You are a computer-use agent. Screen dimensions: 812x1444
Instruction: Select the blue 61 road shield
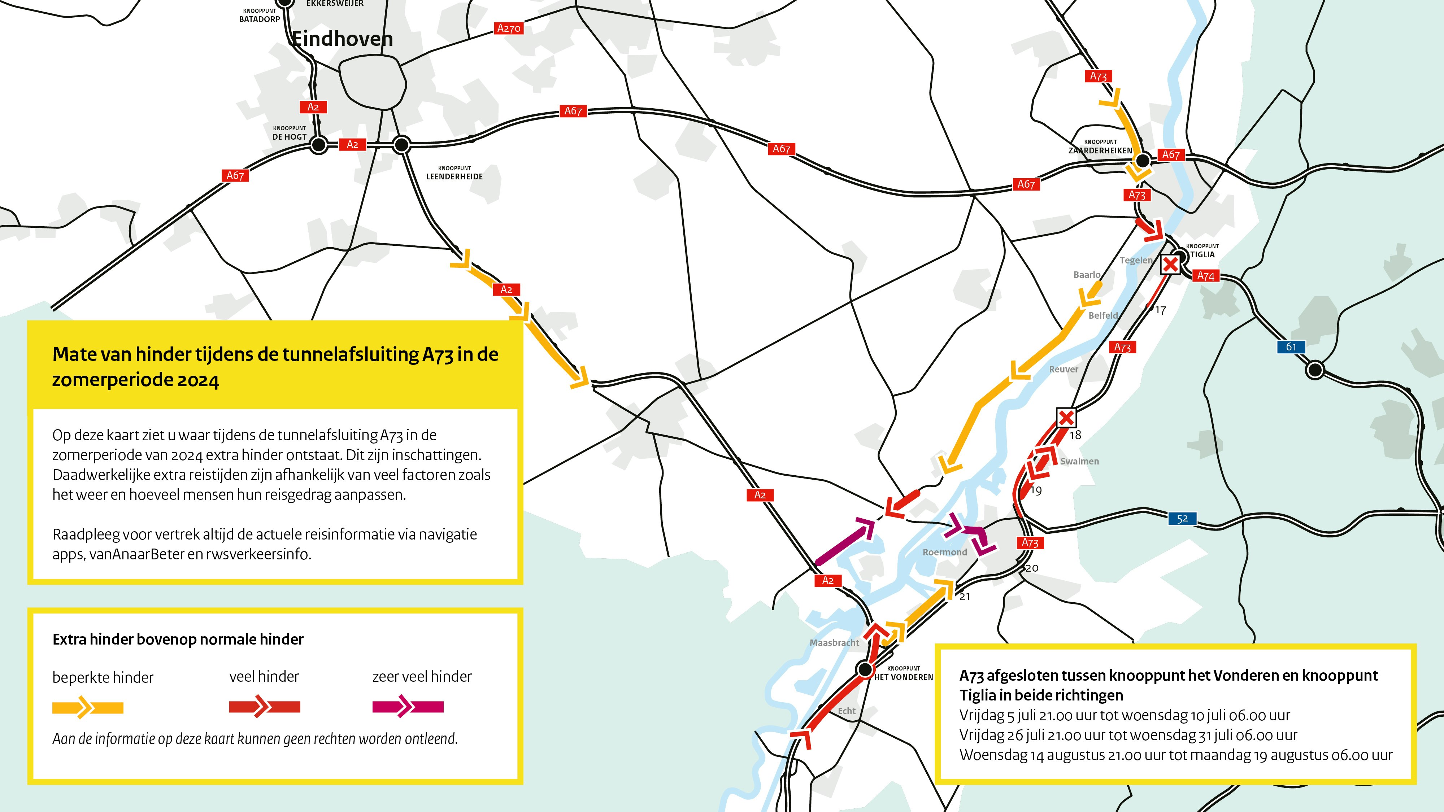click(x=1291, y=347)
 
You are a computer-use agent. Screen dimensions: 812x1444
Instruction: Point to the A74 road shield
click(x=1205, y=276)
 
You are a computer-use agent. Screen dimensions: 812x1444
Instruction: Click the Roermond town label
click(x=944, y=552)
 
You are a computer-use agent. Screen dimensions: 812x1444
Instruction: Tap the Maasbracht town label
click(x=834, y=643)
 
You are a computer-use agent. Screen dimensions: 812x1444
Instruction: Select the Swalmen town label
click(x=1079, y=461)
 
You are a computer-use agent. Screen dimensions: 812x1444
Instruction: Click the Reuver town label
click(x=1064, y=369)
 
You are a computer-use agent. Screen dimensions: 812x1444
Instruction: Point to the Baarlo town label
click(x=1086, y=275)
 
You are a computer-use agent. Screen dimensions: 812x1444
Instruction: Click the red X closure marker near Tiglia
click(x=1170, y=265)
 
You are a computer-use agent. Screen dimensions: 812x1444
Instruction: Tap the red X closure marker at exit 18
click(x=1066, y=418)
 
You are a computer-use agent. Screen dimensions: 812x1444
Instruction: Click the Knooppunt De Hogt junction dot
click(x=318, y=145)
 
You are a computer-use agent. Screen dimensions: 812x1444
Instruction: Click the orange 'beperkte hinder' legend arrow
click(x=87, y=708)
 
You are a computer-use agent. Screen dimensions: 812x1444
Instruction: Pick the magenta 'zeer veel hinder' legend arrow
click(x=408, y=707)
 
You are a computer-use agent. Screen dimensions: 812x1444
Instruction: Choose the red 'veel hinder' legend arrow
click(x=264, y=707)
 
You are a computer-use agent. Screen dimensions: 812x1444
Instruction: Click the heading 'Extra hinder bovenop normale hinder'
click(x=178, y=639)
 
